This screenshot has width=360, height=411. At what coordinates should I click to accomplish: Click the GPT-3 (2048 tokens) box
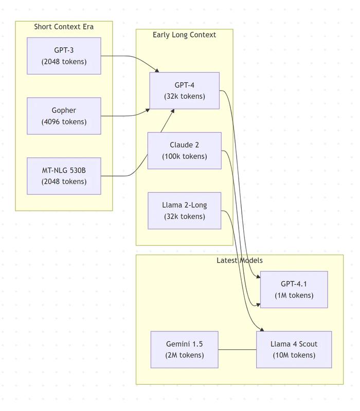[x=64, y=56]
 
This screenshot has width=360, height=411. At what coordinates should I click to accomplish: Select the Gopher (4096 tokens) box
[x=64, y=116]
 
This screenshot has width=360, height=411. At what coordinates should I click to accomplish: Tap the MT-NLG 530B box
[x=64, y=176]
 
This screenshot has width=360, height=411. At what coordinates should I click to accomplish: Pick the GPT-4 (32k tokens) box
[x=185, y=91]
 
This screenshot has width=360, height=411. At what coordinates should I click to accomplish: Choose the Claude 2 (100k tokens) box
[x=185, y=150]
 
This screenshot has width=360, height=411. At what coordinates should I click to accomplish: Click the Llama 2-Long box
[x=185, y=211]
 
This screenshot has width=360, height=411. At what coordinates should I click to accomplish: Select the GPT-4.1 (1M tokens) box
[x=294, y=290]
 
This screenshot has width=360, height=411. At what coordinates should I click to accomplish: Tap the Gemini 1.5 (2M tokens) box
[x=185, y=349]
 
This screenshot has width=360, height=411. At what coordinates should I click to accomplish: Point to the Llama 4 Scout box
[x=294, y=349]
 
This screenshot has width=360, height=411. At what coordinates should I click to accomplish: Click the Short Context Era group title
[x=64, y=27]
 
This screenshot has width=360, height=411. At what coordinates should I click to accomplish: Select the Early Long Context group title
[x=185, y=34]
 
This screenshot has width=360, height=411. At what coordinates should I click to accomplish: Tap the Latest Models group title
[x=240, y=260]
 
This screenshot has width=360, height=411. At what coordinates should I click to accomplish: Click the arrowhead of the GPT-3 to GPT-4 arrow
[x=157, y=70]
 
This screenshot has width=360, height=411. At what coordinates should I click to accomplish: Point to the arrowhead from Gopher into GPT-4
[x=148, y=111]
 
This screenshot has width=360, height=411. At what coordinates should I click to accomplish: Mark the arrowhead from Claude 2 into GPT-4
[x=172, y=111]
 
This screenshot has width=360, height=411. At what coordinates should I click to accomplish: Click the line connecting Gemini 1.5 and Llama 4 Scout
[x=237, y=349]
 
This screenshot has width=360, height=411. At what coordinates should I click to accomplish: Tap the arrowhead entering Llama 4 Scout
[x=262, y=330]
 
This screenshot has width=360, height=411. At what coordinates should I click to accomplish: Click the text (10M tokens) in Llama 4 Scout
[x=294, y=355]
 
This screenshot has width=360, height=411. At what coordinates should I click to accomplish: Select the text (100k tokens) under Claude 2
[x=185, y=156]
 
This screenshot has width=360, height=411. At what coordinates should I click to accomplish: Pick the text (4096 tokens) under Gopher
[x=64, y=122]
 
